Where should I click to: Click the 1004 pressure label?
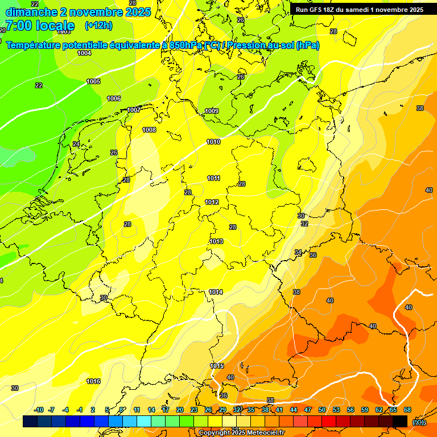pyautogui.click(x=84, y=53)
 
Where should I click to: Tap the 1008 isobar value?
pyautogui.click(x=149, y=130)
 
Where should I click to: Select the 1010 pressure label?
pyautogui.click(x=213, y=142)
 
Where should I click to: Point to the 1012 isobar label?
pyautogui.click(x=212, y=202)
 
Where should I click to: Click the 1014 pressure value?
pyautogui.click(x=216, y=292)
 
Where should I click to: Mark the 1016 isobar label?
pyautogui.click(x=93, y=381)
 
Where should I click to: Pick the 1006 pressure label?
pyautogui.click(x=114, y=98)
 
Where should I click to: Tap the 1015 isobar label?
pyautogui.click(x=217, y=365)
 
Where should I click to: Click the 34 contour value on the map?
pyautogui.click(x=298, y=252)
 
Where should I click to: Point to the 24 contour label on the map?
pyautogui.click(x=76, y=144)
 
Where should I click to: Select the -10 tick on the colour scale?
pyautogui.click(x=39, y=410)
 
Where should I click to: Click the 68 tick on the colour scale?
pyautogui.click(x=407, y=410)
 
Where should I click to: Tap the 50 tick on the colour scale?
pyautogui.click(x=322, y=410)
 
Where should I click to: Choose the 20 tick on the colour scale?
pyautogui.click(x=180, y=410)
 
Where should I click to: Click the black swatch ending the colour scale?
pyautogui.click(x=400, y=421)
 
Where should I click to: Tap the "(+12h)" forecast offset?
pyautogui.click(x=98, y=25)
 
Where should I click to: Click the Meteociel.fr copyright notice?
pyautogui.click(x=242, y=432)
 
